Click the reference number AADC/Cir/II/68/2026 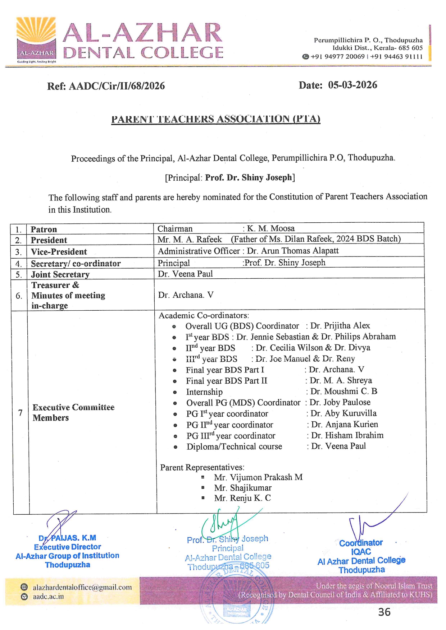[x=117, y=86]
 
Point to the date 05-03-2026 [x=352, y=85]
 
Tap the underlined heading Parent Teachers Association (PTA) [x=215, y=119]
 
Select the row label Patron [x=44, y=230]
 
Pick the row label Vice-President [x=59, y=252]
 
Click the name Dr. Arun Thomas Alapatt [x=293, y=251]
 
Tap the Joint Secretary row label [x=60, y=274]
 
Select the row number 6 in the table [x=19, y=296]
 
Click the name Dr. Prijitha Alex [x=340, y=326]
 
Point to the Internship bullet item [x=204, y=392]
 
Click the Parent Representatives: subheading [x=202, y=467]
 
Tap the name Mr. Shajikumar [x=243, y=488]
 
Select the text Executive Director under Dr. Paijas [x=68, y=547]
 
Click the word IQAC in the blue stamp [x=361, y=552]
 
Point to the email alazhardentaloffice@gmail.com [x=82, y=587]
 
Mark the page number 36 [x=384, y=612]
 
